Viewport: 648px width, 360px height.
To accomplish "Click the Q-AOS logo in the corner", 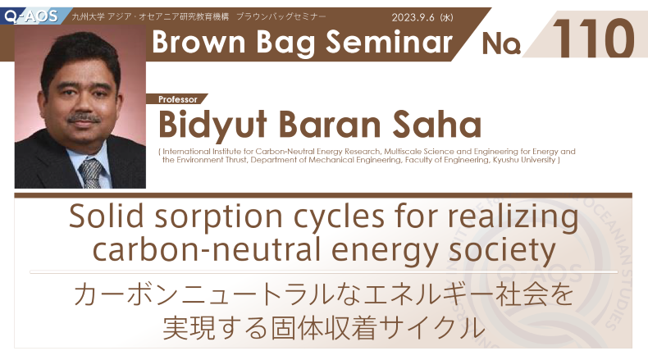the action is pos(31,16).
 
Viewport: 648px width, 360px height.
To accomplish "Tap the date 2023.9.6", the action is pos(413,17).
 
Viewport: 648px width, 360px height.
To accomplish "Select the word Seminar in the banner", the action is pos(389,42).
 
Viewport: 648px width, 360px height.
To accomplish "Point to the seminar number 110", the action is pos(593,38).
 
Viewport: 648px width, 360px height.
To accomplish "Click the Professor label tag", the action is pos(177,99).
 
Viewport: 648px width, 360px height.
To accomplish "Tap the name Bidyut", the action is pos(212,125).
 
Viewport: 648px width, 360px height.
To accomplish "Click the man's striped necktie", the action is pos(90,173).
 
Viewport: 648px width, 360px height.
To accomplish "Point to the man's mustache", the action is pos(84,118).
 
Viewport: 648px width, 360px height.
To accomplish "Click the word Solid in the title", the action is pos(106,216).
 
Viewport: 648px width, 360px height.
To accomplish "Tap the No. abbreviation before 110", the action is pos(501,43).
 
